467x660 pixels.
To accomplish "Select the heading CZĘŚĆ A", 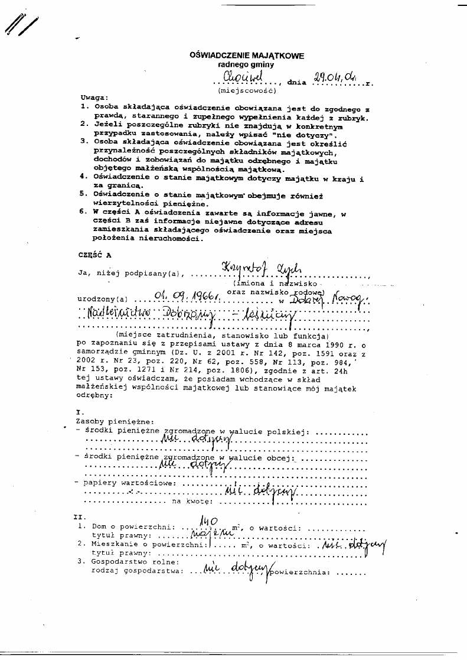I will tap(94, 255).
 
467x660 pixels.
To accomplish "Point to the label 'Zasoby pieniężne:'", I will tap(107, 421).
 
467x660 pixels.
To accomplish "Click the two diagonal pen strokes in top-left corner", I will tap(21, 27).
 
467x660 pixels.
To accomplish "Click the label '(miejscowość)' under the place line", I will tap(243, 92).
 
